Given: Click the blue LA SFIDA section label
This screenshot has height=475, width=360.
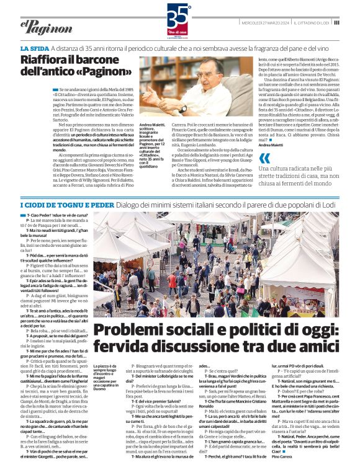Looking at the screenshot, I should [36, 48].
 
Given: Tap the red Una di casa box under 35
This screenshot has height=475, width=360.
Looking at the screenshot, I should [179, 31].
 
